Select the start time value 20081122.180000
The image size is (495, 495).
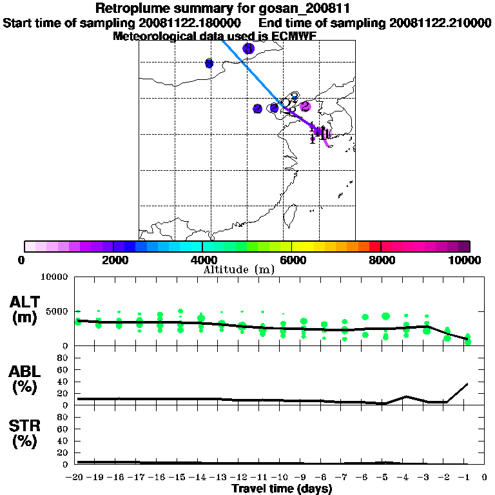coord(190,23)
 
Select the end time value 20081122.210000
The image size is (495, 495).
coord(440,23)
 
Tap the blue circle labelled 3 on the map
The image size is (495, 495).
coord(248,48)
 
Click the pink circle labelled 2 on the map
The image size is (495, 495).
coord(306,106)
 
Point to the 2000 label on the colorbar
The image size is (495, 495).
coord(113,260)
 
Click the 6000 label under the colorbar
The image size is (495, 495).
coord(292,260)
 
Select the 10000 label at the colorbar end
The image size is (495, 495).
coord(466,260)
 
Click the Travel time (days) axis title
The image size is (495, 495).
coord(282,489)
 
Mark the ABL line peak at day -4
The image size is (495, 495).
coord(406,396)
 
